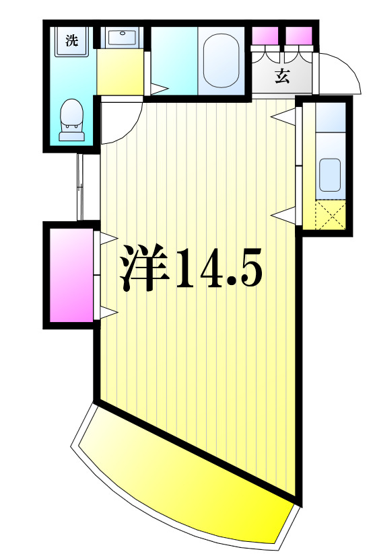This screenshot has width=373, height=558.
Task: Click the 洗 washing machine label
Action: coord(71,40)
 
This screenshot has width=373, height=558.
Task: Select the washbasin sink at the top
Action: coord(122,38)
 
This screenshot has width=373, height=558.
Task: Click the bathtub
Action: coord(222,60)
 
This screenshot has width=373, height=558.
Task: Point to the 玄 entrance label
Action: coord(282,76)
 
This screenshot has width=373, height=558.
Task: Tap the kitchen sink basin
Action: coord(331,175)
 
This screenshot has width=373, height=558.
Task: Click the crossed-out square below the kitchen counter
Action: coord(331,216)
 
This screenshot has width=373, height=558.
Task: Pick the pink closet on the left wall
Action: coord(71,274)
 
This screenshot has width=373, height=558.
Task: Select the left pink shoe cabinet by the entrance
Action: coord(265,35)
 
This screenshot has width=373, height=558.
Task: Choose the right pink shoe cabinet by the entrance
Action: coord(299,35)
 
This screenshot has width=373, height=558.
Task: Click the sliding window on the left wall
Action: coord(80,187)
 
